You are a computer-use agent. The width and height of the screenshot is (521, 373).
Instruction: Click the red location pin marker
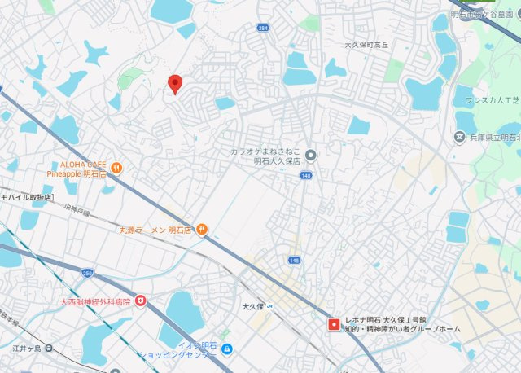coord(174,83)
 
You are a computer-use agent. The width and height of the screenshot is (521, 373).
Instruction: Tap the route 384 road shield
coord(262,28)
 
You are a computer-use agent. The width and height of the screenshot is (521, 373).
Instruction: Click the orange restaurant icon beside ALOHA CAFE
coord(116,169)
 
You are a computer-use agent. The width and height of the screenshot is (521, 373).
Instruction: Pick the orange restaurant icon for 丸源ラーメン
coord(201,230)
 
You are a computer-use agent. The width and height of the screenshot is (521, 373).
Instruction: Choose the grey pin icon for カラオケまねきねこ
coord(310,156)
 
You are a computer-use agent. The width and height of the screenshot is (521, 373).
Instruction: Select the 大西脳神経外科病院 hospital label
coord(94,301)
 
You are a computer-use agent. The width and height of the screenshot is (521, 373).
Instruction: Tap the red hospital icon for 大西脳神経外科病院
coord(141,301)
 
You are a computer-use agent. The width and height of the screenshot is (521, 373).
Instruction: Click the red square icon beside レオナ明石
coord(332,324)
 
